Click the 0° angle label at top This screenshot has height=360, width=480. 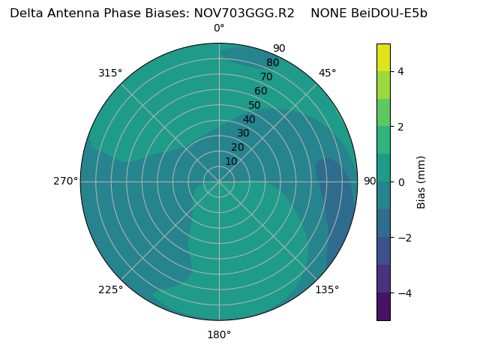click(x=219, y=28)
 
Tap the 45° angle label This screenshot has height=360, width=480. click(x=327, y=73)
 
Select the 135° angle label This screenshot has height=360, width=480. click(x=327, y=289)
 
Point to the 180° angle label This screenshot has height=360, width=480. click(x=219, y=334)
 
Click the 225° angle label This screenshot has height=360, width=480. click(x=110, y=289)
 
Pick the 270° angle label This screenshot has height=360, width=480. click(x=66, y=181)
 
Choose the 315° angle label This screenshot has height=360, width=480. click(x=110, y=73)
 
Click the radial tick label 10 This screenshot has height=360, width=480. click(x=231, y=161)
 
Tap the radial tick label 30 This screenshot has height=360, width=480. click(x=243, y=133)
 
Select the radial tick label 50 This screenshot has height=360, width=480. click(x=255, y=105)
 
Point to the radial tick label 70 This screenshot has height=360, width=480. click(x=266, y=76)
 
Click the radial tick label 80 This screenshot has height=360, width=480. click(x=272, y=62)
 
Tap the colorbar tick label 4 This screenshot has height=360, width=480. click(x=400, y=71)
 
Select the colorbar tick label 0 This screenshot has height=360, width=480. click(x=400, y=181)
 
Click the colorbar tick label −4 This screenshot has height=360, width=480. click(x=403, y=292)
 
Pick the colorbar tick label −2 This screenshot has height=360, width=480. click(x=403, y=237)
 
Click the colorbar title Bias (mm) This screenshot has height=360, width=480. click(x=421, y=181)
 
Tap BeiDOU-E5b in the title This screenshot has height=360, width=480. click(x=389, y=13)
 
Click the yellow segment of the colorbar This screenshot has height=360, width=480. click(x=383, y=57)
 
